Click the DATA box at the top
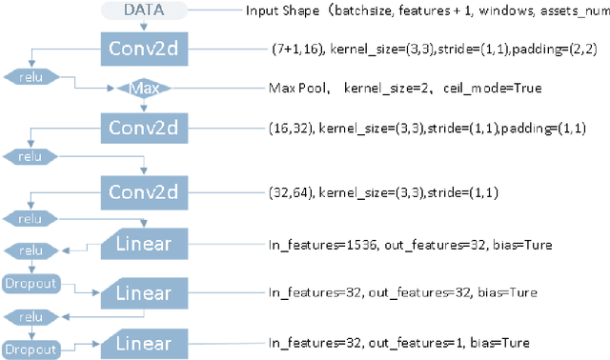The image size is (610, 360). click(x=142, y=10)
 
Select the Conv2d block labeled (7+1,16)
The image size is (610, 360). click(x=142, y=48)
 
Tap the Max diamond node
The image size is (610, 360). click(x=142, y=89)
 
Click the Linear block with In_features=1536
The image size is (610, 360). click(x=142, y=244)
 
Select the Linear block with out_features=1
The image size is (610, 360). click(x=142, y=342)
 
